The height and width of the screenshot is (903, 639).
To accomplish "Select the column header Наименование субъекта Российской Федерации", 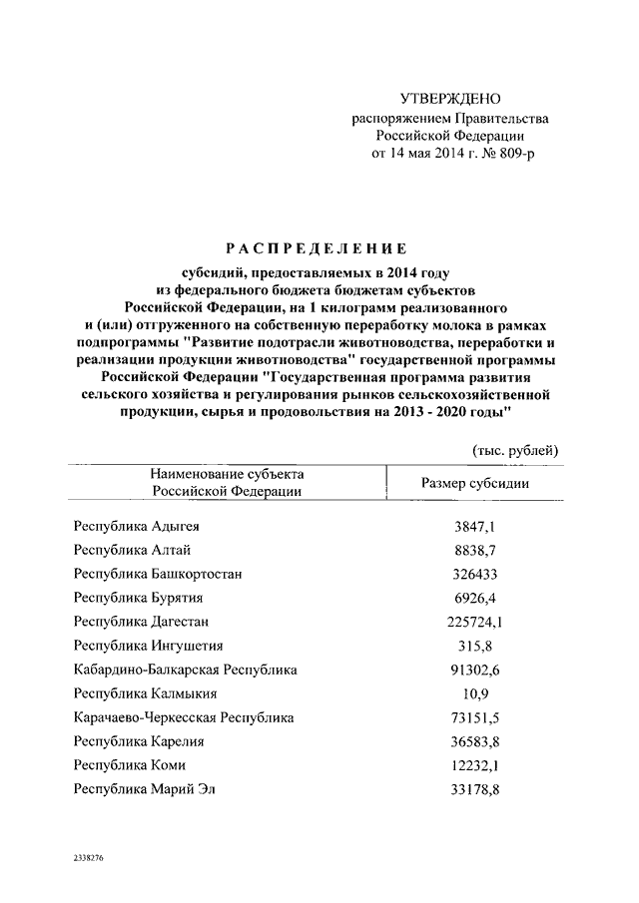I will point(228,482).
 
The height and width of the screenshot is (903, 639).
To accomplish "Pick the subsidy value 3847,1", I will point(475,526).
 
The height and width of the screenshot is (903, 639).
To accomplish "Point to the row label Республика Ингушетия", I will point(148,646).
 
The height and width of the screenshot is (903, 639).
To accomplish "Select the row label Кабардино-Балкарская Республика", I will point(186,670).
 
